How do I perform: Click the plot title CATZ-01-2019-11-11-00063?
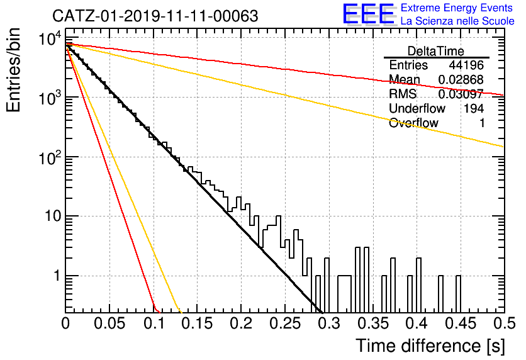point(155,16)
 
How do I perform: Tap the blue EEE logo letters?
point(369,14)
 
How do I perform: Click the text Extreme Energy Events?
point(457,8)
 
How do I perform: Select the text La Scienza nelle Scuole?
point(457,21)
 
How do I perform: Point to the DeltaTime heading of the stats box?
point(436,51)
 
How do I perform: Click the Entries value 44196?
point(466,65)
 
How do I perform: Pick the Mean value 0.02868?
point(461,80)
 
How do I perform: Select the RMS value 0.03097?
point(461,94)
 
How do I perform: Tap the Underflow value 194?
point(474,108)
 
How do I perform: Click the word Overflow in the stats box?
point(413,123)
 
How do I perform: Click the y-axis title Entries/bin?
point(13,70)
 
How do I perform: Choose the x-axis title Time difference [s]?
point(430,346)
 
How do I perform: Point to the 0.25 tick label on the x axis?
point(285,323)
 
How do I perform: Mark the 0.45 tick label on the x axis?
point(461,323)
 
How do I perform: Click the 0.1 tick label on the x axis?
point(155,323)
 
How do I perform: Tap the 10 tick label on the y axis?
point(53,216)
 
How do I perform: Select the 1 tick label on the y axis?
point(57,276)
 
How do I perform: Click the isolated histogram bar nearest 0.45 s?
point(458,294)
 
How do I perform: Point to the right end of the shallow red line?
point(504,95)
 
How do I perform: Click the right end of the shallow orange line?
point(504,147)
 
